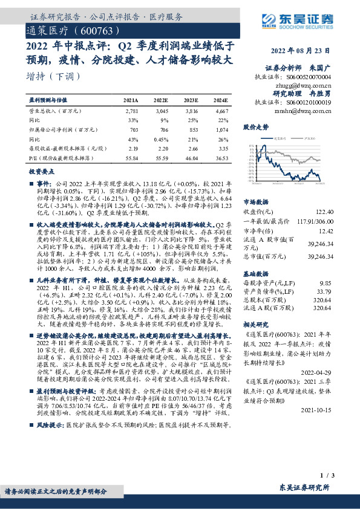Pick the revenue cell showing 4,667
(221, 112)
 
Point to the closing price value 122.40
(326, 212)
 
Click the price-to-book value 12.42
(327, 230)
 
